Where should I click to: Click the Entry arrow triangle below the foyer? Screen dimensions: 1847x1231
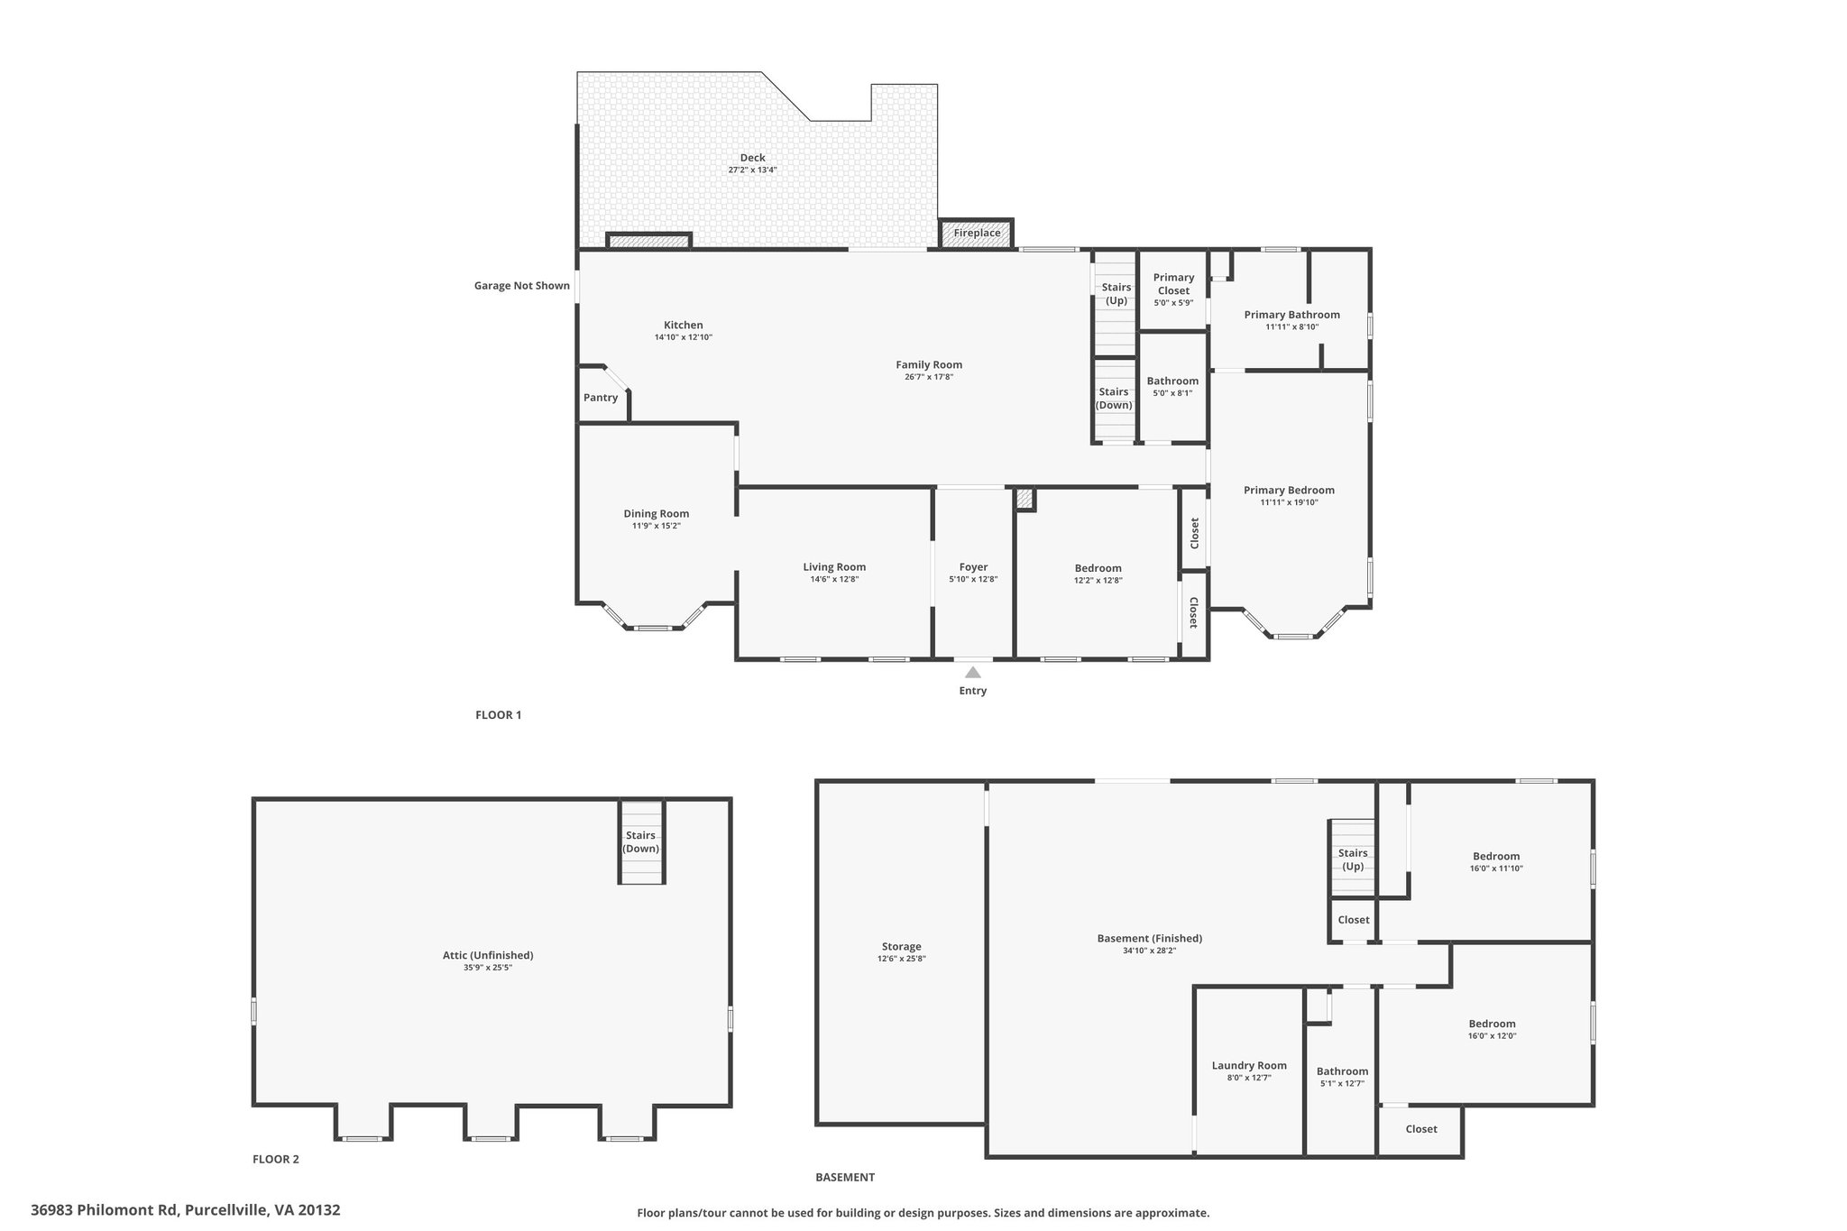point(972,673)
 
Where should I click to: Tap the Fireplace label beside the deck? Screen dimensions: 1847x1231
point(977,233)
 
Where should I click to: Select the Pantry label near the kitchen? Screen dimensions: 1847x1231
point(601,398)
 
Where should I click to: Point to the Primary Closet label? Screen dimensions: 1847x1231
point(1173,284)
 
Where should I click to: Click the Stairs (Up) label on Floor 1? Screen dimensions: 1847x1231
point(1116,294)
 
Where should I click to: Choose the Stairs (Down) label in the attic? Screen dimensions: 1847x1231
point(641,842)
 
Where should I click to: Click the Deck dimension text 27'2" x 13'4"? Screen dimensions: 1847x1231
point(752,170)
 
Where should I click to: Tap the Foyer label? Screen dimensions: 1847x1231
point(973,567)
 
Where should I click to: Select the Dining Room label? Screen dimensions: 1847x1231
point(657,514)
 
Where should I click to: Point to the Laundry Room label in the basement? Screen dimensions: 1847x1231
point(1249,1066)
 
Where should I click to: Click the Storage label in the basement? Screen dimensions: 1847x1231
point(901,947)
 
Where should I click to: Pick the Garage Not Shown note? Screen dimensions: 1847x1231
point(522,286)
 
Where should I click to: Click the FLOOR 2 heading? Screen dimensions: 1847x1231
point(276,1160)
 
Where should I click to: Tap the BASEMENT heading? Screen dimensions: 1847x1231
point(845,1177)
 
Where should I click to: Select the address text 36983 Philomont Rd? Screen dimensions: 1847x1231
point(106,1210)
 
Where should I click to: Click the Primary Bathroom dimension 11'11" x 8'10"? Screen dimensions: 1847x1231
point(1291,327)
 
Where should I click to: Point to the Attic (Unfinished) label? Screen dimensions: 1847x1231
point(488,956)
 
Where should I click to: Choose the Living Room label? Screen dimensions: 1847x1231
point(834,567)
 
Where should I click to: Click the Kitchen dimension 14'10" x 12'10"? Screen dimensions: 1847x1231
point(684,337)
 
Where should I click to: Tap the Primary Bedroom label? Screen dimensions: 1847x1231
point(1289,491)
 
